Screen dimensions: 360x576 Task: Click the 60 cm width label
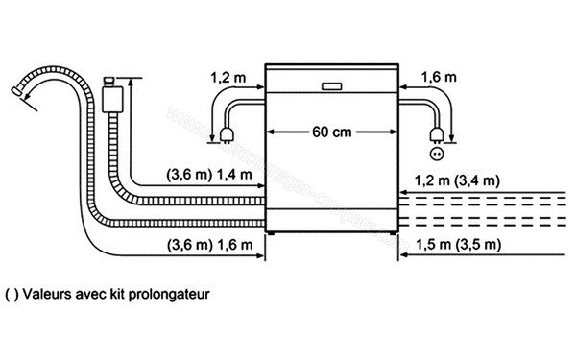coord(331,132)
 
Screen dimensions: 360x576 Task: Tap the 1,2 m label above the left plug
coord(228,74)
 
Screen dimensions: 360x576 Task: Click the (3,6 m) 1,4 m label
coord(209,174)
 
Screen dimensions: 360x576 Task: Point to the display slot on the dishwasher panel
coord(331,84)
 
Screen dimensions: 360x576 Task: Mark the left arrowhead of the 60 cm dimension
coord(270,132)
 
